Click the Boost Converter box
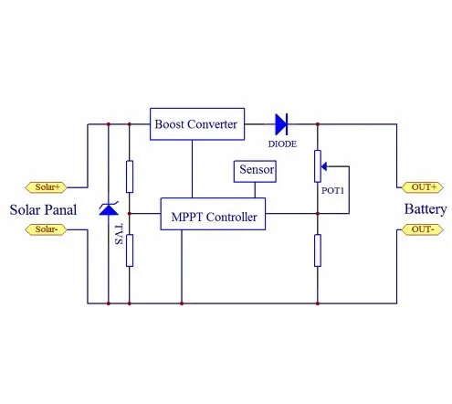[197, 124]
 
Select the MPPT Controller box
[213, 214]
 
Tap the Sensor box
[255, 172]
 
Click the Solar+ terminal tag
[46, 187]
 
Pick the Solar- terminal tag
[46, 229]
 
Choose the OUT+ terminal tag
[423, 187]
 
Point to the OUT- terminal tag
[423, 229]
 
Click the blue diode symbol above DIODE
[281, 124]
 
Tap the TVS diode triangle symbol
[109, 208]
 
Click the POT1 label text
[332, 191]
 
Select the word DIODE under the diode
[282, 144]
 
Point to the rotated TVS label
[119, 234]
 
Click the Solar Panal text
[43, 209]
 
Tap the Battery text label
[426, 209]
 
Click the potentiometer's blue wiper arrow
[324, 166]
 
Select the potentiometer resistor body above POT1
[318, 166]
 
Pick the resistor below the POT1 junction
[318, 250]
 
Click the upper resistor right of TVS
[130, 176]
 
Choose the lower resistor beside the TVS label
[130, 250]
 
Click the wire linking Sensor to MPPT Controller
[255, 190]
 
